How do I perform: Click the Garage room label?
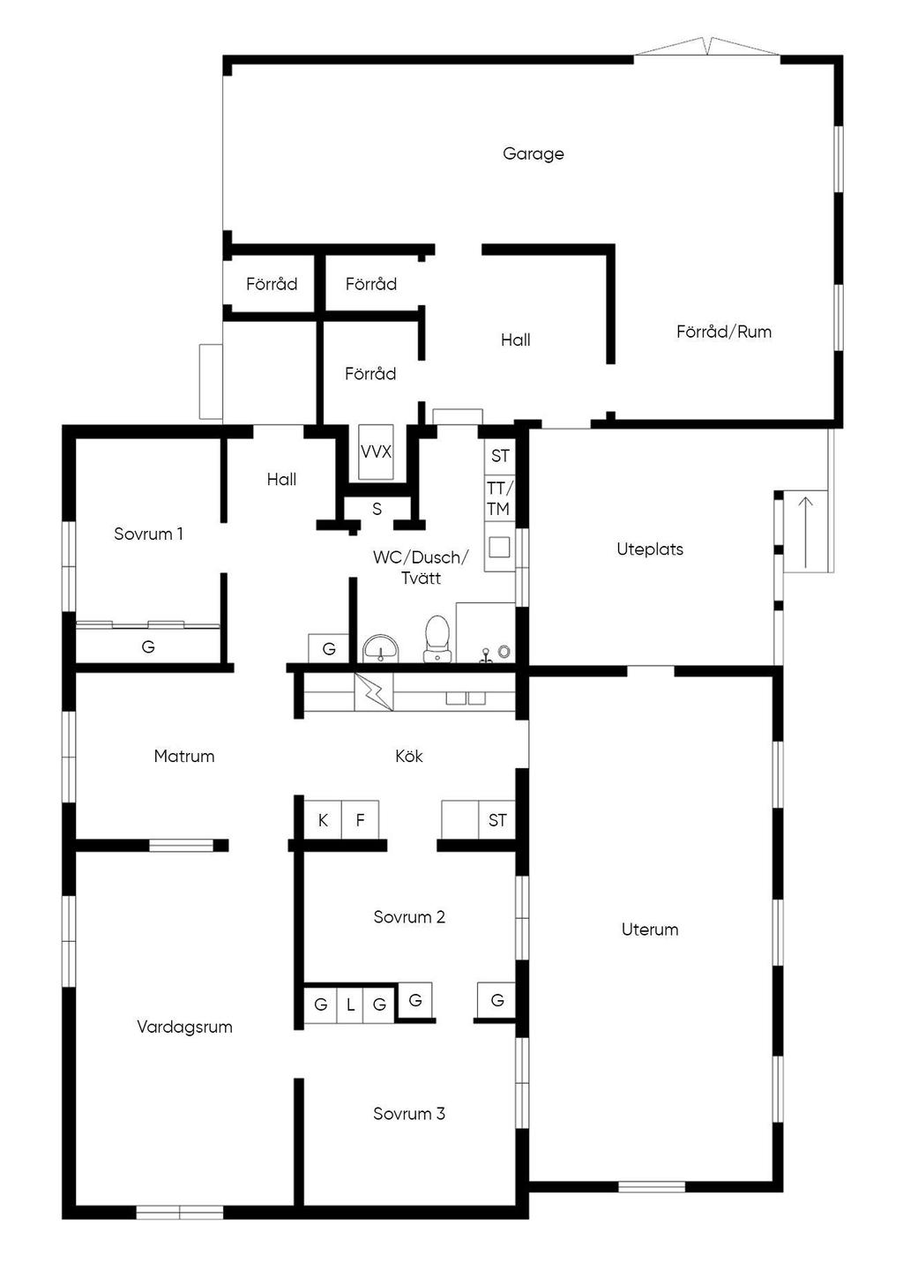(533, 153)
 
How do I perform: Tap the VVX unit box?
(376, 452)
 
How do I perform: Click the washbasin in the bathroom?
(381, 647)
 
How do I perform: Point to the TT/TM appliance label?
(498, 498)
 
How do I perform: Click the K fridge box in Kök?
(323, 820)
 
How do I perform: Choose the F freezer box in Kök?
(360, 820)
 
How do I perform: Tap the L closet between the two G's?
(350, 1004)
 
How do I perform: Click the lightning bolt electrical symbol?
(374, 692)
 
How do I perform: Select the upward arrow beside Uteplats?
(805, 533)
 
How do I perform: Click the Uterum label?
(649, 930)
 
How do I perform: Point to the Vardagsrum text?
(184, 1027)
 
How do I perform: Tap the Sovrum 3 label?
(408, 1114)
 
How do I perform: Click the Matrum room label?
(183, 756)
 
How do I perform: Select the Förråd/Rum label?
(723, 332)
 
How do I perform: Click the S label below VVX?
(377, 509)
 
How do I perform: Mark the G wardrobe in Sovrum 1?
(148, 646)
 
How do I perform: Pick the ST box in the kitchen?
(497, 820)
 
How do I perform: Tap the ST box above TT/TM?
(500, 456)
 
